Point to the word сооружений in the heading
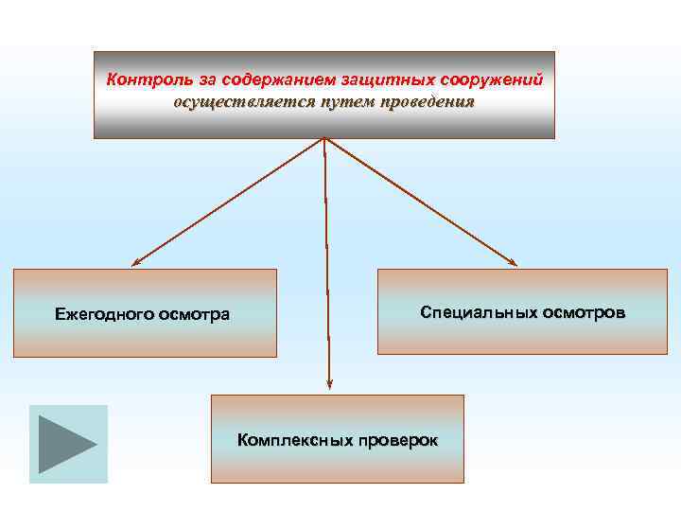[492, 79]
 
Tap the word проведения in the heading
[426, 102]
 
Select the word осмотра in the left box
[194, 314]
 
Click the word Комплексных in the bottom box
[295, 440]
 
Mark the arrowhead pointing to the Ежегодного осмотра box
[135, 261]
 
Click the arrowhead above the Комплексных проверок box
[329, 384]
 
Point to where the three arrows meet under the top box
[324, 140]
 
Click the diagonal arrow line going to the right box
[421, 202]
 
